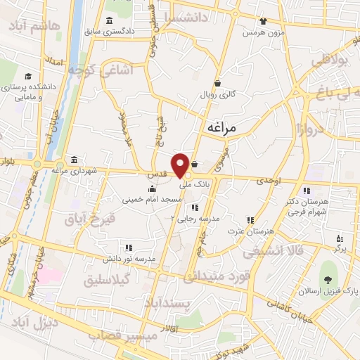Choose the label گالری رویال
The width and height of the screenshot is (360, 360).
[x=218, y=94]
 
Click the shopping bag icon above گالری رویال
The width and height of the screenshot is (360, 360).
[x=218, y=82]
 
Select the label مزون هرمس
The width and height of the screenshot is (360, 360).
[x=263, y=32]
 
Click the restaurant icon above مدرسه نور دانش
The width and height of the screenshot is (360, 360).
[x=128, y=247]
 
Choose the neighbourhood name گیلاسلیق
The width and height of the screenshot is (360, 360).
[x=109, y=279]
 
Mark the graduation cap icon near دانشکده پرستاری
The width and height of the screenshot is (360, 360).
[x=27, y=75]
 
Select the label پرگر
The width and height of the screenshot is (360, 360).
[x=340, y=249]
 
